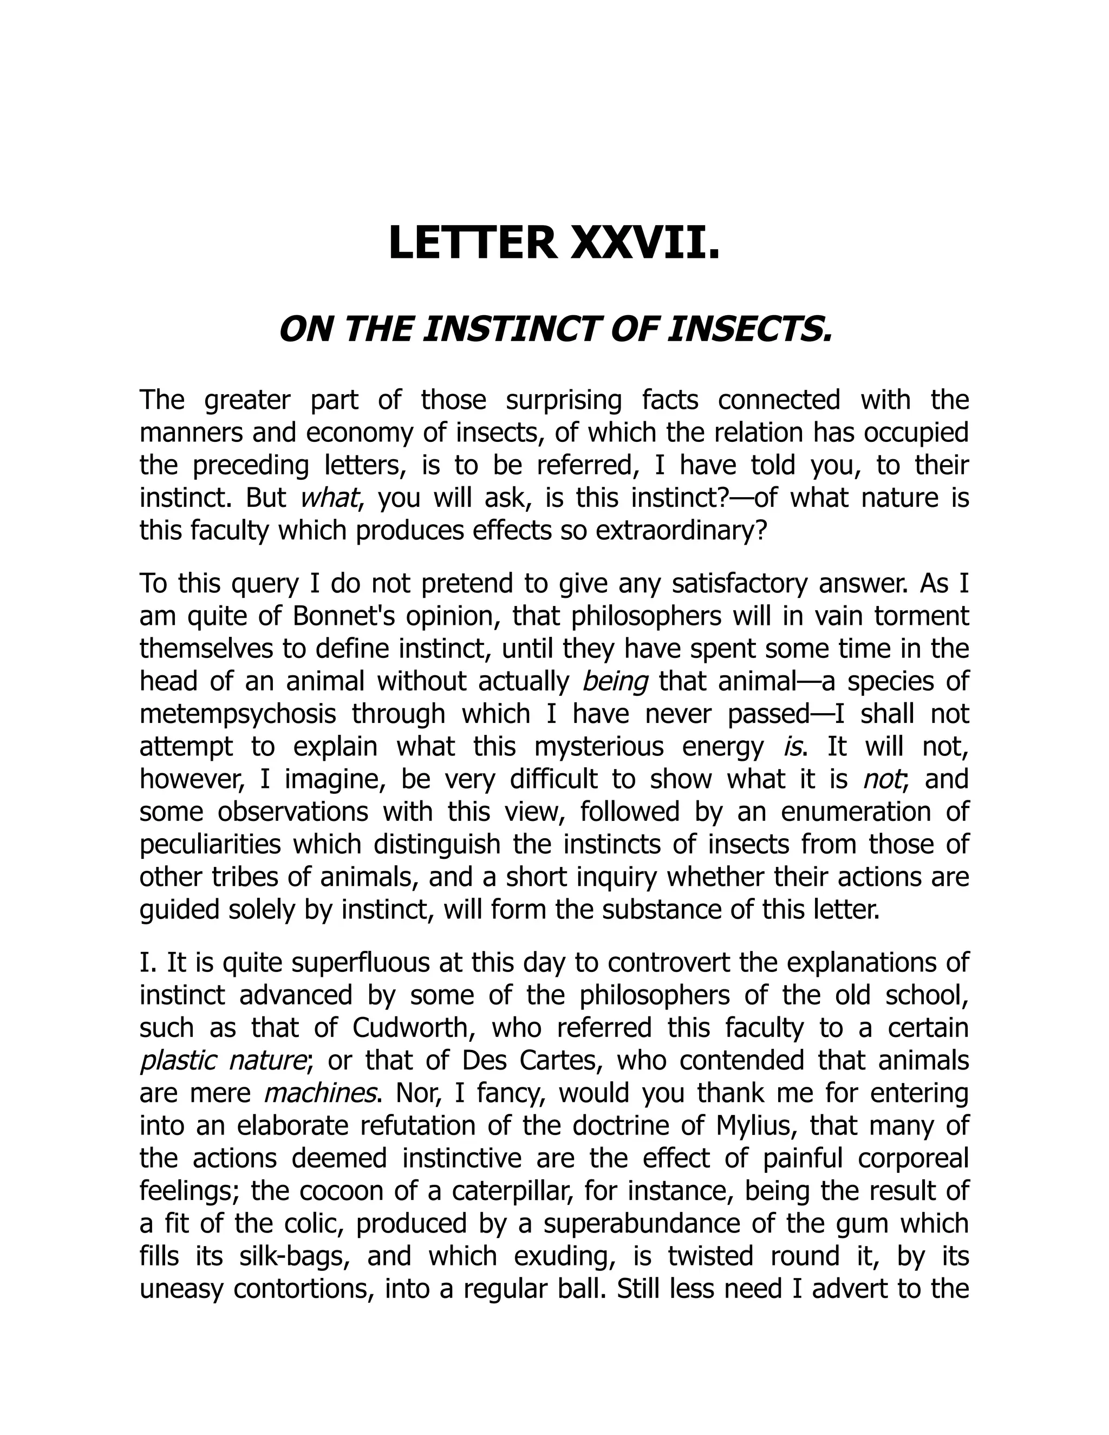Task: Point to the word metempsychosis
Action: [x=238, y=714]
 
